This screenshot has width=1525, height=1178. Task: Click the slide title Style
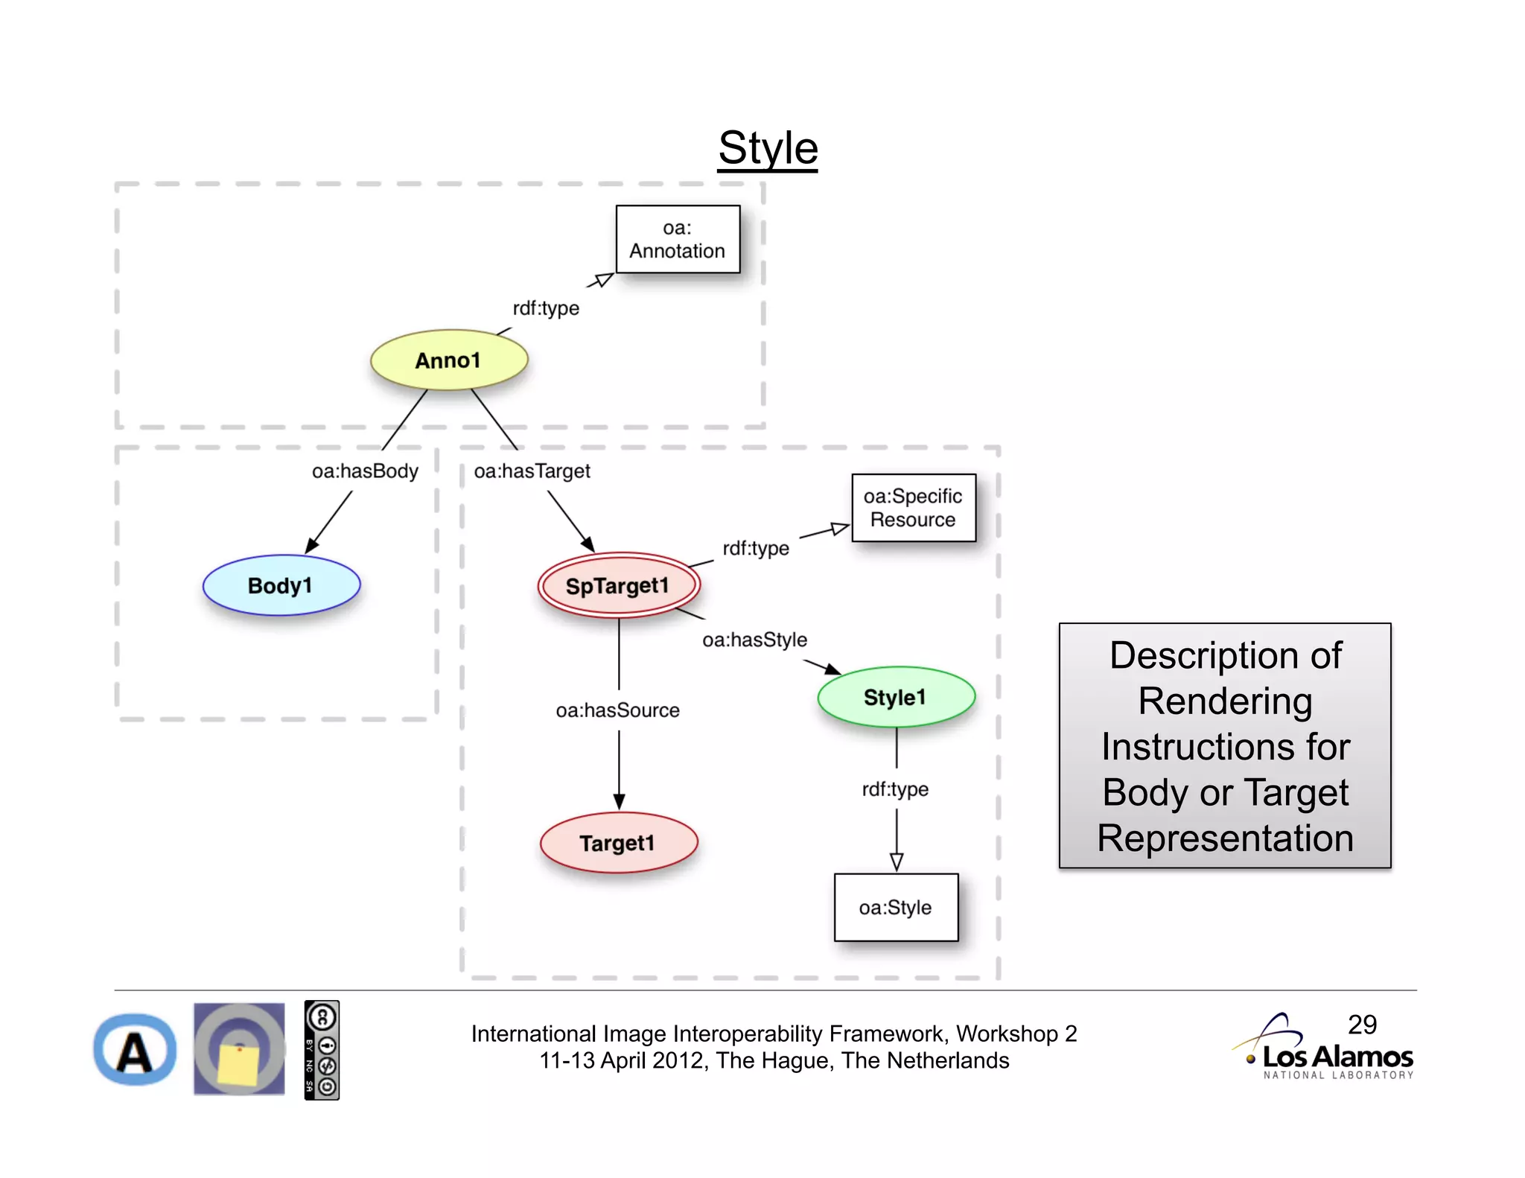(768, 148)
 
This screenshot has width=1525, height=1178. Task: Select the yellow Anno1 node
(449, 360)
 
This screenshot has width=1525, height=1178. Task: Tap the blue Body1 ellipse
(281, 586)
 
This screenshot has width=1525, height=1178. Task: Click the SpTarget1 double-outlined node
(619, 586)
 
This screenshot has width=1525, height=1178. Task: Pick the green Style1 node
(896, 698)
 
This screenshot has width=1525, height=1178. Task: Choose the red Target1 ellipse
(619, 843)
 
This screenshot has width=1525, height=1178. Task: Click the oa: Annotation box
(678, 240)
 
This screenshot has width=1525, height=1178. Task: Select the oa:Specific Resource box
(913, 508)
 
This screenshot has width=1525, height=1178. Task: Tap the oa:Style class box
(896, 908)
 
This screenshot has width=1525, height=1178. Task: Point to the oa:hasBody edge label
(365, 471)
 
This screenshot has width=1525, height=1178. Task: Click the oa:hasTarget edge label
(532, 471)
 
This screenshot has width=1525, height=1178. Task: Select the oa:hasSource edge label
(617, 710)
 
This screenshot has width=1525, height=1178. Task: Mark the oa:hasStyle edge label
(754, 640)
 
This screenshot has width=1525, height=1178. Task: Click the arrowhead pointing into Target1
(619, 802)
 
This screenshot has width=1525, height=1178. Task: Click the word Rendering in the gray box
(1225, 701)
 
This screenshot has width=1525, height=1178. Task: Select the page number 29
(1362, 1025)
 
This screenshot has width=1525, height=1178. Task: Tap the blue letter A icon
(135, 1050)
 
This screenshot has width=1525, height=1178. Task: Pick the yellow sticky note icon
(239, 1063)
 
